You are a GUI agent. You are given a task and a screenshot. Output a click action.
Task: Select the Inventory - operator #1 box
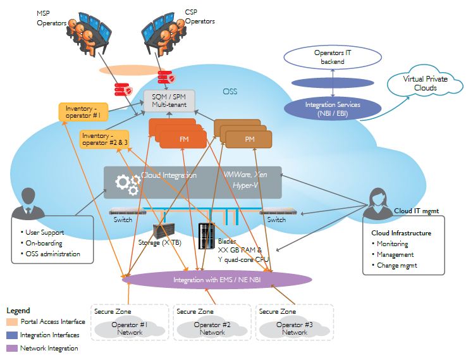pos(83,112)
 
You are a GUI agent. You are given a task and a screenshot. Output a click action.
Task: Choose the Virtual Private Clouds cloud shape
pos(420,85)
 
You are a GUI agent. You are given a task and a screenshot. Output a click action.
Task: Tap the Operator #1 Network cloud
pos(130,328)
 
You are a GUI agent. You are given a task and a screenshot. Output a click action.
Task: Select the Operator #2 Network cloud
pos(212,328)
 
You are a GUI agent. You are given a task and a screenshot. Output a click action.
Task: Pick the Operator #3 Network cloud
pos(295,328)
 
